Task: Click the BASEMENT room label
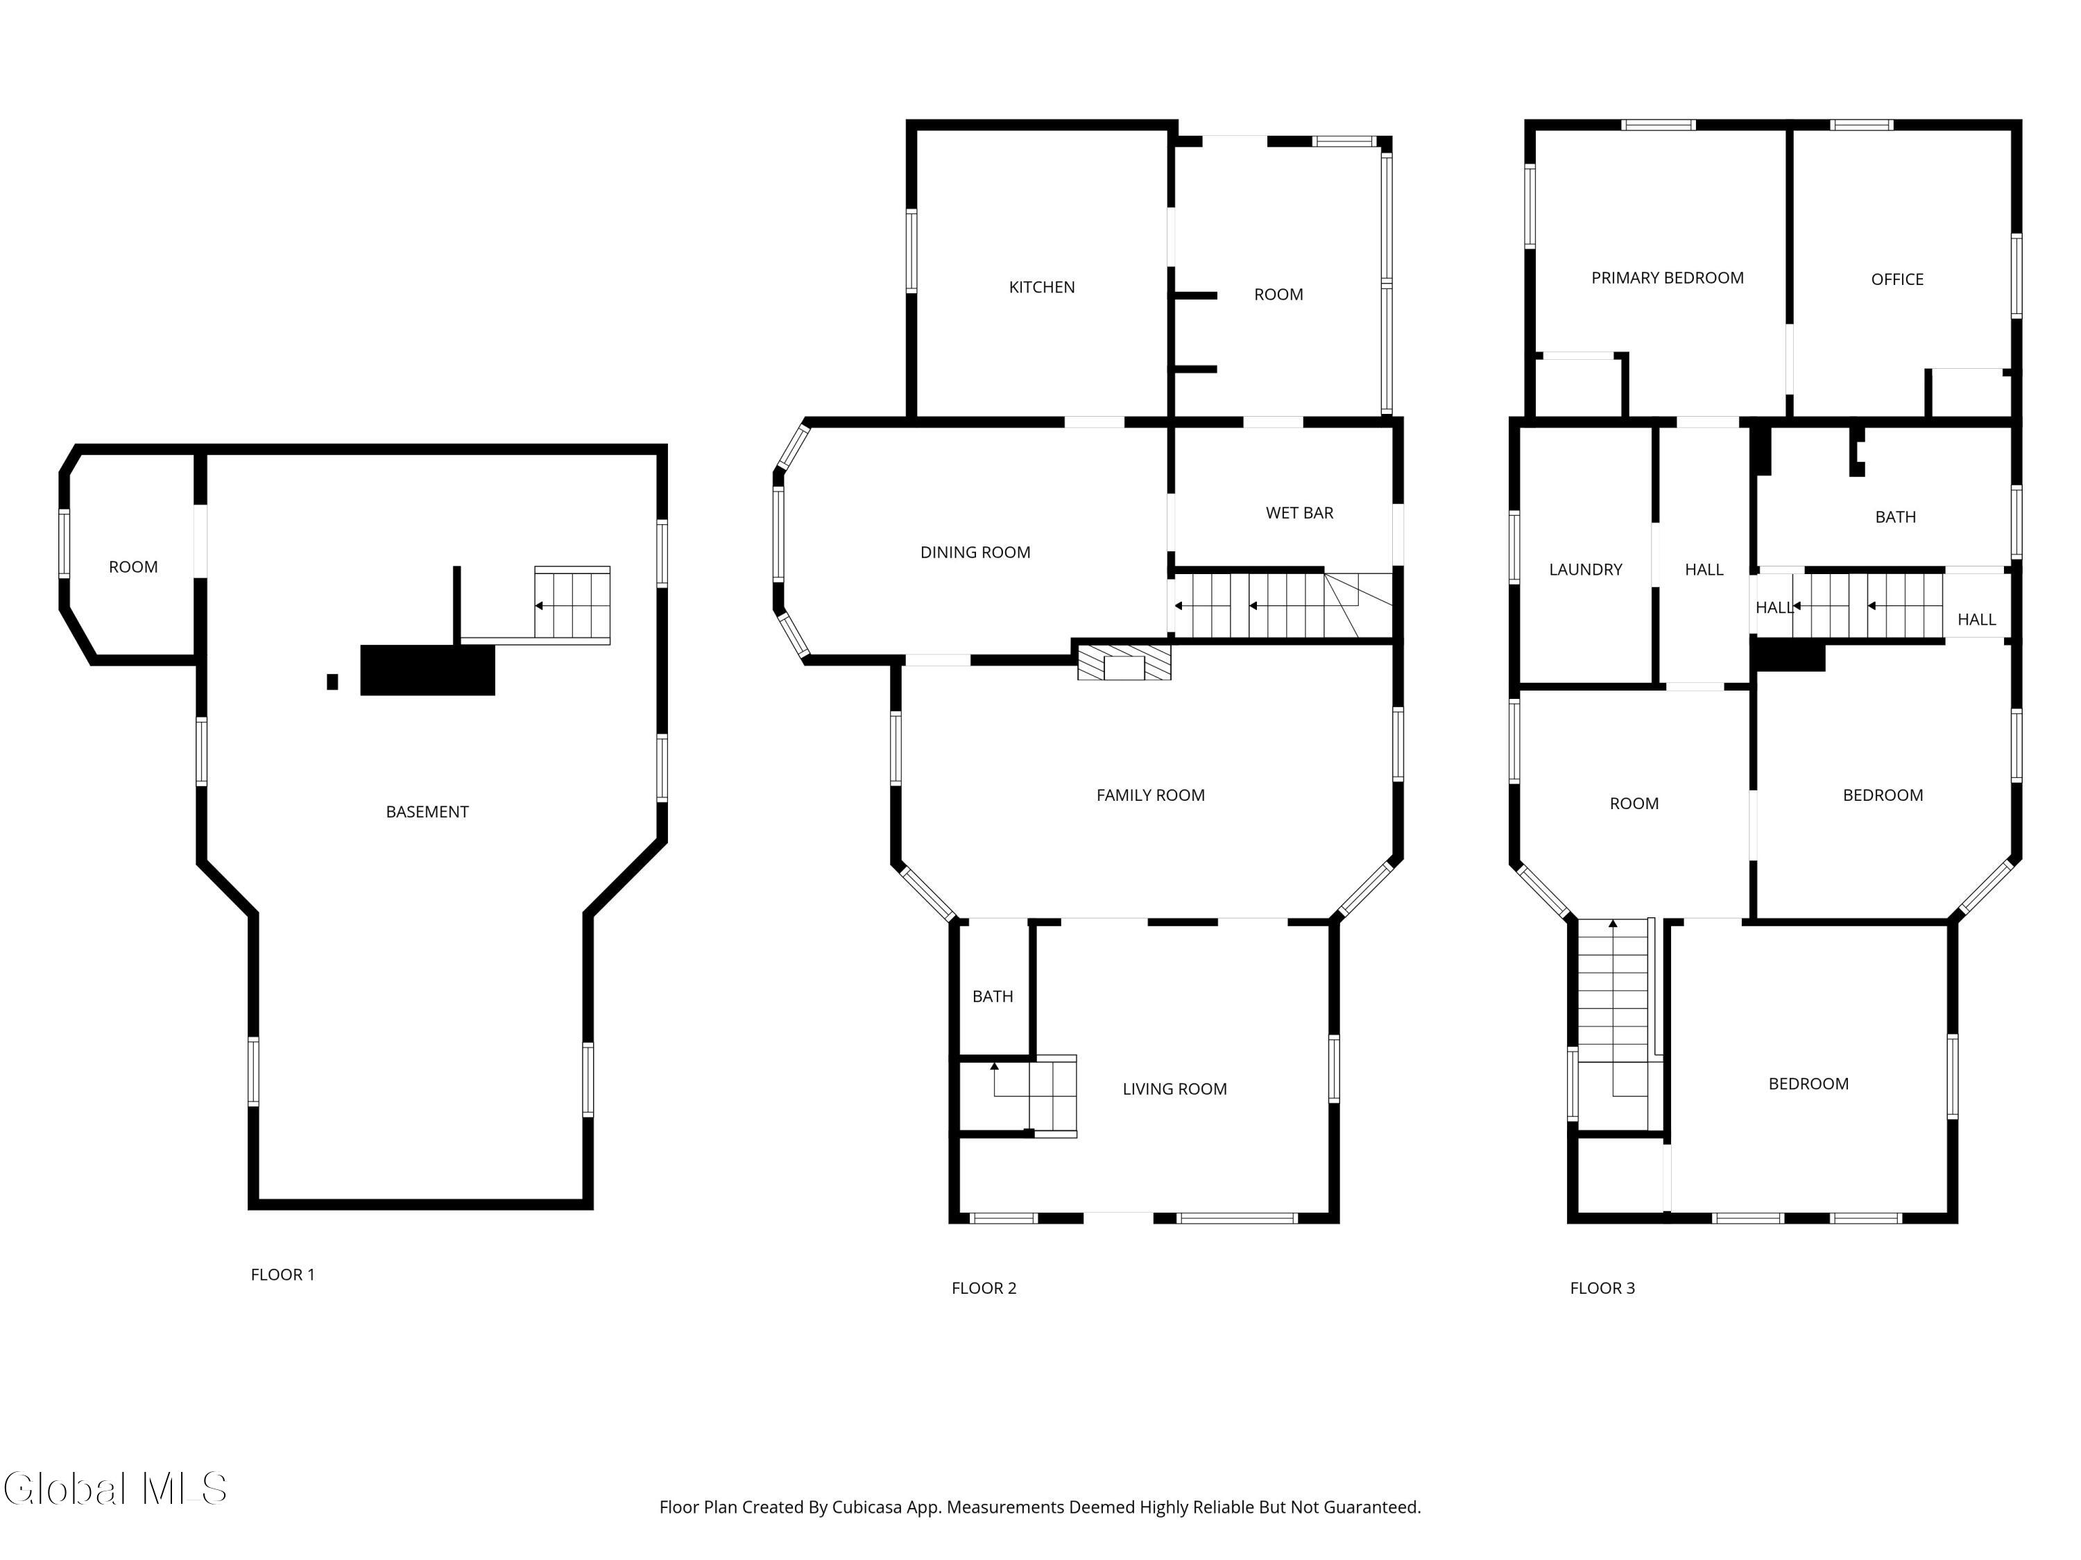427,811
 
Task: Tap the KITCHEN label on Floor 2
1041,287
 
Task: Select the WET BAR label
1299,512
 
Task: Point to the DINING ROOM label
975,552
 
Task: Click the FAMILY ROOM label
1149,795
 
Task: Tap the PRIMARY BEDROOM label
1667,277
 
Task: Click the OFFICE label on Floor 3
1896,279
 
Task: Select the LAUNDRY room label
1585,569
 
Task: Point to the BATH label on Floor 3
1894,517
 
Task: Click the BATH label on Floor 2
993,996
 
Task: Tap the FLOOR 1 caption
282,1274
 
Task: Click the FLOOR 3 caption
1602,1288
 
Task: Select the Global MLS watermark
114,1489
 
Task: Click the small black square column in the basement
332,682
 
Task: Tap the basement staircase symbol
572,605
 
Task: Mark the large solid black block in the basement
427,670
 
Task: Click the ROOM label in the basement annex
132,566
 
